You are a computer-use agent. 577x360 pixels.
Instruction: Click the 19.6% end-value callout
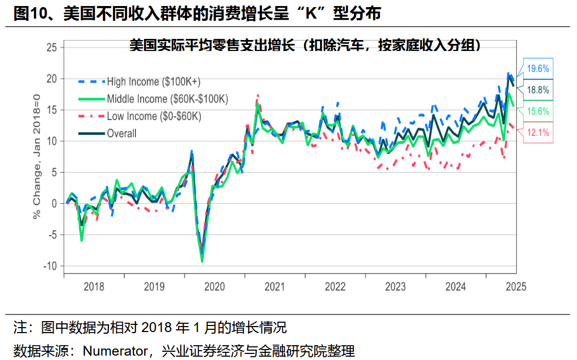(538, 69)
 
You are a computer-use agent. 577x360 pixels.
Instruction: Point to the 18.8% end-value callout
(538, 90)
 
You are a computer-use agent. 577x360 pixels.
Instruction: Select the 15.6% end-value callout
(538, 111)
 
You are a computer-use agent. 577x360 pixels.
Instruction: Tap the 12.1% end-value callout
(538, 132)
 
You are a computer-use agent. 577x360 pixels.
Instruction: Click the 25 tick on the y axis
(52, 48)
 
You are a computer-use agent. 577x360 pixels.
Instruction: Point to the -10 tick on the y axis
(50, 266)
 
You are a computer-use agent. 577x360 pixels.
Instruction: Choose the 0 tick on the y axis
(54, 203)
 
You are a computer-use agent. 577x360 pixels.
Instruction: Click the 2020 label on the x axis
(214, 287)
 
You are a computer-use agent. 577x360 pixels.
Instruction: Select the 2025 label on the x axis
(516, 287)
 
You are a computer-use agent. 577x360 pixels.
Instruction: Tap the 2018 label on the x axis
(94, 287)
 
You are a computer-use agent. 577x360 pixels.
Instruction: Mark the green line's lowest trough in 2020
(202, 261)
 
